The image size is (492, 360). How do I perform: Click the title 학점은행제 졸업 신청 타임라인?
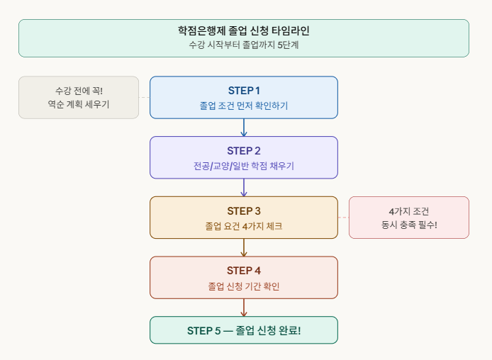[244, 30]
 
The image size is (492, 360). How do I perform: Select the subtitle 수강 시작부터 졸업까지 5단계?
[244, 45]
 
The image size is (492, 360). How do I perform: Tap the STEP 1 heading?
[244, 90]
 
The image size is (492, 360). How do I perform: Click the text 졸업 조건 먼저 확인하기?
[244, 106]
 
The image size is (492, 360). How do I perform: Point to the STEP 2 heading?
[244, 150]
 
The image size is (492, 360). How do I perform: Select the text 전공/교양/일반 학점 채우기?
[244, 166]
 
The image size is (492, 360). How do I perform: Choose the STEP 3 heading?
[244, 210]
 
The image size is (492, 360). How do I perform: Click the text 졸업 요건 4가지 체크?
[244, 226]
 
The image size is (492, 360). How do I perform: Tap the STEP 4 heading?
[244, 270]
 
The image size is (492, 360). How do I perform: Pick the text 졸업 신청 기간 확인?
[244, 286]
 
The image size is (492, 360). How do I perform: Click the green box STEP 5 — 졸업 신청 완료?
[244, 330]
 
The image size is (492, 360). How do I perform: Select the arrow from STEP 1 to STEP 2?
[244, 128]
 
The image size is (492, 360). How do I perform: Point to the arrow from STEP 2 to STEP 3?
[244, 188]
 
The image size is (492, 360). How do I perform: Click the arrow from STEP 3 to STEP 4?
[244, 247]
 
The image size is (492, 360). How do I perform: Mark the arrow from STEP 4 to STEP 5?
[244, 308]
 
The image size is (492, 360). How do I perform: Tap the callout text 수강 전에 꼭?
[79, 91]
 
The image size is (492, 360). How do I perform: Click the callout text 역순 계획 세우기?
[79, 105]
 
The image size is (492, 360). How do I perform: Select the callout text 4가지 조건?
[409, 211]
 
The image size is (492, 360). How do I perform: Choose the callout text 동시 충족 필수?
[409, 225]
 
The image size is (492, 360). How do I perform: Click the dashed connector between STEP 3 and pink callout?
[343, 218]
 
